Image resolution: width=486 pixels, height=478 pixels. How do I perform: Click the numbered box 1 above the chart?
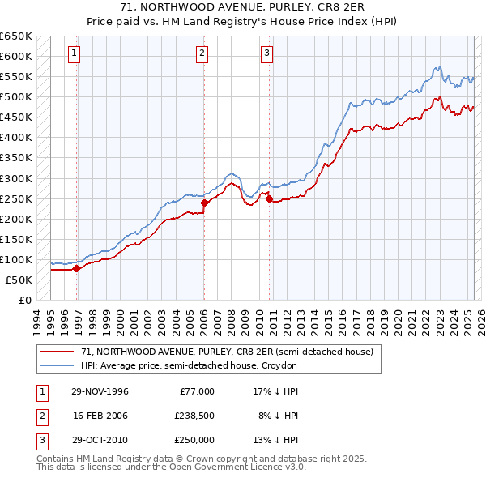coord(74,54)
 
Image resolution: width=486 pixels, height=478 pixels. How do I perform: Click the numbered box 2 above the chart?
coord(202,54)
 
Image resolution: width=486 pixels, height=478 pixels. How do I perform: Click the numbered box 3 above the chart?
coord(266,54)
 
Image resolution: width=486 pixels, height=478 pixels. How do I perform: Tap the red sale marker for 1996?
coord(77,268)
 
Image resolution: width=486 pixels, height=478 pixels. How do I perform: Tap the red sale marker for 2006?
coord(204,203)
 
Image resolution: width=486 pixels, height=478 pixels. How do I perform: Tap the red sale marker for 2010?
coord(269,198)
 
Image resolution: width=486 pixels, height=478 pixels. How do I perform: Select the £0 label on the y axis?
coord(24,301)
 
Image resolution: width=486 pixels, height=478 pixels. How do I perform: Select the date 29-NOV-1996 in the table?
coord(100,391)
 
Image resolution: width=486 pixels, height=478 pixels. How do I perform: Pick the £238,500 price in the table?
coord(194,416)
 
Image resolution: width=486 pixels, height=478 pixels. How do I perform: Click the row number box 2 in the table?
coord(40,416)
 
